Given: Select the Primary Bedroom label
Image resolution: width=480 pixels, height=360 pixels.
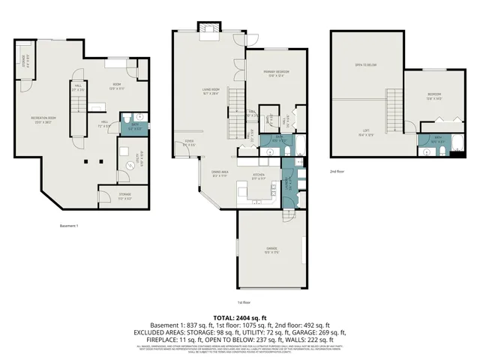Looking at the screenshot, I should click(x=277, y=73).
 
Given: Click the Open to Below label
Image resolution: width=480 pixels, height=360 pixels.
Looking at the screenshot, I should click(x=365, y=66).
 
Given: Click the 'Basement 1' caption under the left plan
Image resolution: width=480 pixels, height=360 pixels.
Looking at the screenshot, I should click(x=69, y=226).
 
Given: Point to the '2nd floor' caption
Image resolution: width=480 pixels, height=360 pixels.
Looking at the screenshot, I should click(x=337, y=172).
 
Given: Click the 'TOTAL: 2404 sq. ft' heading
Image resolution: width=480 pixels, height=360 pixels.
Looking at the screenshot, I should click(x=240, y=319).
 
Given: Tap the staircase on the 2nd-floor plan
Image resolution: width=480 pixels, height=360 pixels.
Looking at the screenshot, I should click(x=395, y=108).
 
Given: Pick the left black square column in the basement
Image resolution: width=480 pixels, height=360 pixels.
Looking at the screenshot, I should click(x=87, y=161).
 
